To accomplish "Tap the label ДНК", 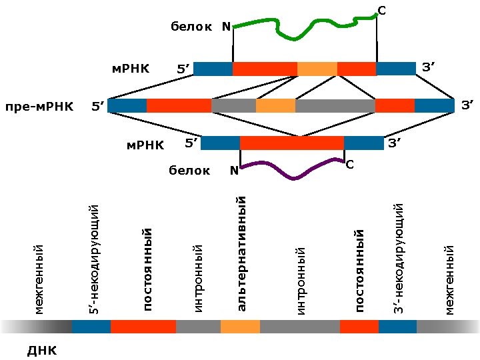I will pyautogui.click(x=41, y=350).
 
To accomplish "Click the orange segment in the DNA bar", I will pyautogui.click(x=240, y=327).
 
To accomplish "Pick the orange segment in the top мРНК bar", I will pyautogui.click(x=317, y=68).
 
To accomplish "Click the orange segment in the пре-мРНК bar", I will pyautogui.click(x=275, y=105).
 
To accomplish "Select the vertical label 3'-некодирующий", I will pyautogui.click(x=398, y=260).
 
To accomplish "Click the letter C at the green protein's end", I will pyautogui.click(x=381, y=11).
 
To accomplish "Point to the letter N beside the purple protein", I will pyautogui.click(x=234, y=171).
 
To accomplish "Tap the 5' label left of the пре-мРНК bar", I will pyautogui.click(x=98, y=106).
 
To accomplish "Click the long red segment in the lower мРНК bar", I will pyautogui.click(x=291, y=143).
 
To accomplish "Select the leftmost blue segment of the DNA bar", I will pyautogui.click(x=91, y=327).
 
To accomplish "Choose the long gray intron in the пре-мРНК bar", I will pyautogui.click(x=335, y=105).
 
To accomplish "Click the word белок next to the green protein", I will pyautogui.click(x=191, y=27).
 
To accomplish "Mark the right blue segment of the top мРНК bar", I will pyautogui.click(x=395, y=68).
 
